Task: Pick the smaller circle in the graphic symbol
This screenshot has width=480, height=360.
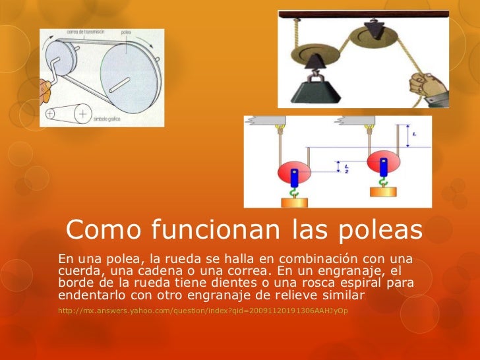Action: (51, 113)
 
